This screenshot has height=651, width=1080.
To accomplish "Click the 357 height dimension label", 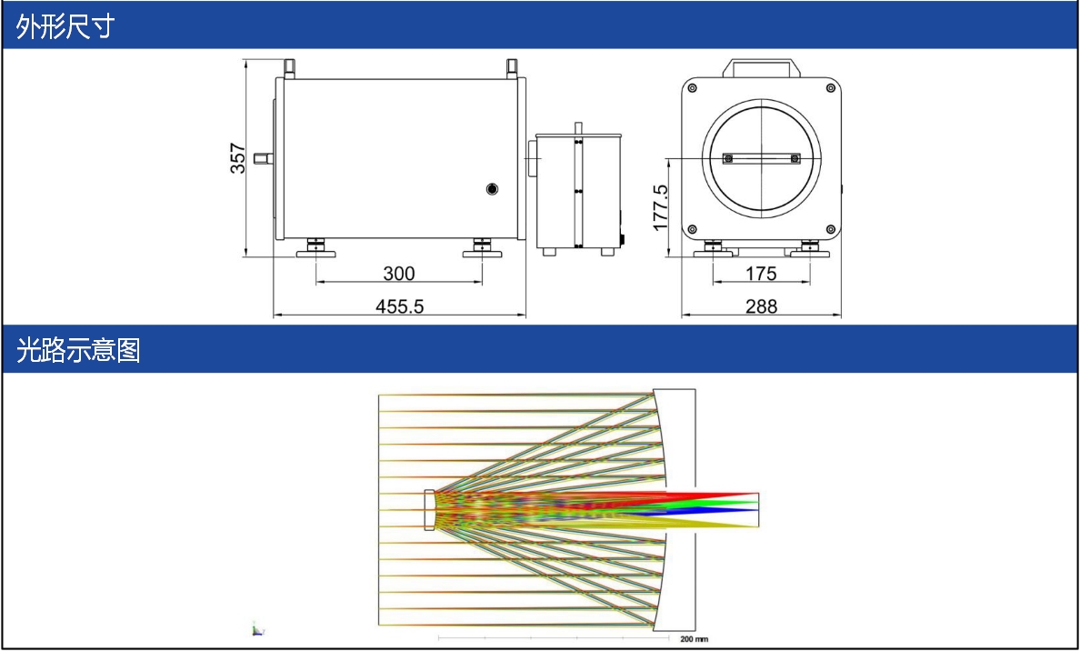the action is pos(237,158).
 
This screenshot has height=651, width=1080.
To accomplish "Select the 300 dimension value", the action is pos(399,274).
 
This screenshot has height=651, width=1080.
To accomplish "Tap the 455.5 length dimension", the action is pos(399,306).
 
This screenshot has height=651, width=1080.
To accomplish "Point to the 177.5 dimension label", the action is pos(661,207).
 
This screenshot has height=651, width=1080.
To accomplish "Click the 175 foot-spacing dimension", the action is pos(761,274).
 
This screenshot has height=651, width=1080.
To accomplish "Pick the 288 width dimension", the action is pos(761,306).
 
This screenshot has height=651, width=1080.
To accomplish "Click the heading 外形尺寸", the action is pos(65,26).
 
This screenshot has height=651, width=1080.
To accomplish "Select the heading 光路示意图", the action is pos(78,350).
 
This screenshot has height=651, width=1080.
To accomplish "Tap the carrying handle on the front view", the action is pos(761,67).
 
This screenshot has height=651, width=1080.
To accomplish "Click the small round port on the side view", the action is pos(492,189).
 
